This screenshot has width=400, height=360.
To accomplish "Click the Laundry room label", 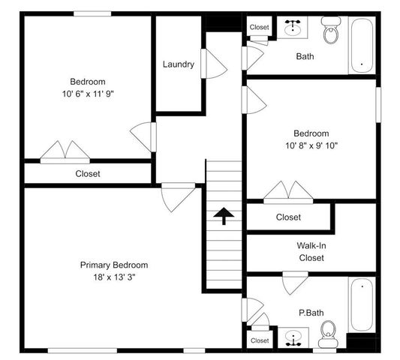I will (179, 64).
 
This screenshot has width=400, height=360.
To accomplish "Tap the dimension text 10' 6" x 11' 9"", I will (88, 94).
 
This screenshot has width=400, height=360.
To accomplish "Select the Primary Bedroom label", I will (114, 265).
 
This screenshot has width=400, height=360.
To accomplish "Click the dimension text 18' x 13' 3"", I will (114, 277).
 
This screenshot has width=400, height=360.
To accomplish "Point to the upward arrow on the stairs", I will (223, 217).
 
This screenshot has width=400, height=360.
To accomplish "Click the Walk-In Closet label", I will (311, 251).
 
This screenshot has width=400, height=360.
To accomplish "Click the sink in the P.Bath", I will (293, 338).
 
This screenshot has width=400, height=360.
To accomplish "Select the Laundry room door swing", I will (215, 64).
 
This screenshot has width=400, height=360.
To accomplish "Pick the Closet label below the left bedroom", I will (88, 174).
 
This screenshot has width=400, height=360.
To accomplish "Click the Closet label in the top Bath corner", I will (260, 27).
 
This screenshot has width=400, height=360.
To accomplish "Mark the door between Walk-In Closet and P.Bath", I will (293, 283).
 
